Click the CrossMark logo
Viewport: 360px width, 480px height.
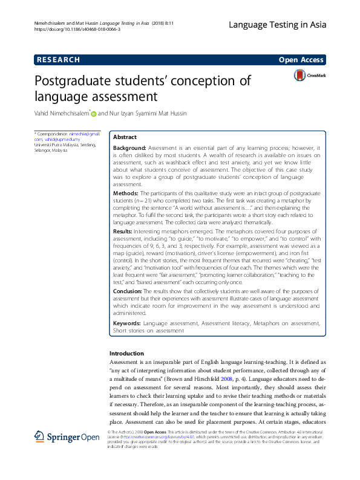tap(309, 76)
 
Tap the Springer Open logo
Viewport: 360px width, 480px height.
tap(58, 436)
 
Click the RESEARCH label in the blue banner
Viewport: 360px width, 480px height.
tap(58, 60)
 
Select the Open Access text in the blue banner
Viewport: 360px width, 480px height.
tap(301, 60)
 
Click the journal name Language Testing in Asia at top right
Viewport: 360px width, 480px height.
tap(277, 25)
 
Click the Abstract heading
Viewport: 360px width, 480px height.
tap(125, 137)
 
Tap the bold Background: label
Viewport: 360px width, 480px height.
tap(129, 148)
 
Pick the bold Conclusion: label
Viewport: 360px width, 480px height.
tap(129, 291)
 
